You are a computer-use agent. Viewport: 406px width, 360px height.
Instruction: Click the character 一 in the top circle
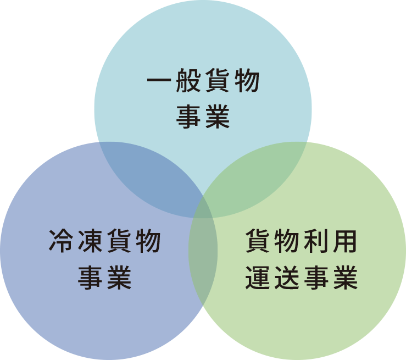coord(159,80)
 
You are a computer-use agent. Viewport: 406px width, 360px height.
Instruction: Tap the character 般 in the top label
coord(188,80)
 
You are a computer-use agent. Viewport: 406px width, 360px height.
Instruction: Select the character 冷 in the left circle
coord(61,241)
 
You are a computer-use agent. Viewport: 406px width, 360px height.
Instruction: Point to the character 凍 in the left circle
coord(90,241)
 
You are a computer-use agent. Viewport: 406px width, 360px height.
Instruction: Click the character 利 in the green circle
coord(316,241)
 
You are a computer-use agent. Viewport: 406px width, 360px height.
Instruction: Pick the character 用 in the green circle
coord(345,241)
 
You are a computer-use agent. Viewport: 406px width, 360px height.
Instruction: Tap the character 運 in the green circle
coord(257,278)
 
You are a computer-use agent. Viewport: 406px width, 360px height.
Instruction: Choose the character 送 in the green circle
coord(287,278)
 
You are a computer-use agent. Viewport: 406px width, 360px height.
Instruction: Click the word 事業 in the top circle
coord(203,117)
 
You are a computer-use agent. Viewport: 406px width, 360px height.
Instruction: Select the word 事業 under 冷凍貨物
coord(104,278)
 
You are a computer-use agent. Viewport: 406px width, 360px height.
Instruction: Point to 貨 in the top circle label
coord(218,80)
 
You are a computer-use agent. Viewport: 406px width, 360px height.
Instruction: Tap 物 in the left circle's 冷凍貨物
coord(149,241)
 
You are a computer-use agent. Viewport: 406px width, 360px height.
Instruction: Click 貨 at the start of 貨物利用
coord(257,241)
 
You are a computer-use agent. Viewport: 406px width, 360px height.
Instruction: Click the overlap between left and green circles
coord(203,259)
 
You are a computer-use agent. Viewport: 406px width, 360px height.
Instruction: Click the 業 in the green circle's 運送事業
coord(345,278)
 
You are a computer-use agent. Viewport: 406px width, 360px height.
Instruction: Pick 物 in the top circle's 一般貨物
coord(247,80)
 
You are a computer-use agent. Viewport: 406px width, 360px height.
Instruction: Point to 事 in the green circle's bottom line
coord(316,278)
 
